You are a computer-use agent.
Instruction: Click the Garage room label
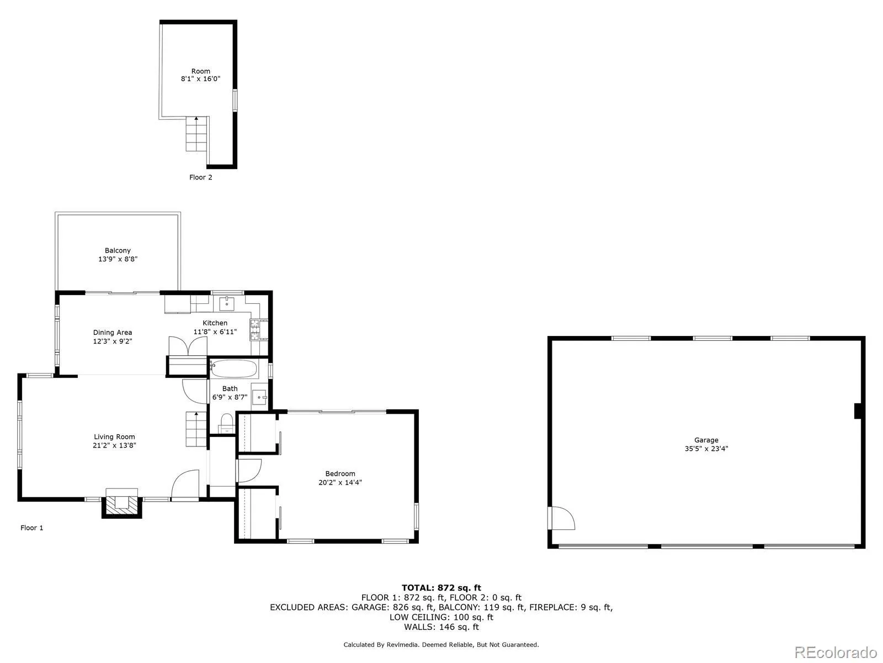(x=706, y=440)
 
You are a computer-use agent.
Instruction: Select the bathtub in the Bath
(x=233, y=369)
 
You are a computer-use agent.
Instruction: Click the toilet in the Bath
(x=226, y=424)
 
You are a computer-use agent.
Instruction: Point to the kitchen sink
(x=227, y=303)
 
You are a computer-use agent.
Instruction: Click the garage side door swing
(x=562, y=518)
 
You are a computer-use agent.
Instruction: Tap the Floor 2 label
(x=200, y=177)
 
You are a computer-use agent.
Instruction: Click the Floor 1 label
(x=31, y=528)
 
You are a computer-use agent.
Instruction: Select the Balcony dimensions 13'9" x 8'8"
(x=118, y=259)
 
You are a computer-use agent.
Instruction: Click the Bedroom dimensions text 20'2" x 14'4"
(x=340, y=482)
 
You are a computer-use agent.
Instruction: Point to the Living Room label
(x=114, y=437)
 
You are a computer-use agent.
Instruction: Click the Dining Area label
(x=112, y=333)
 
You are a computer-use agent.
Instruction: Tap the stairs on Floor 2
(x=196, y=135)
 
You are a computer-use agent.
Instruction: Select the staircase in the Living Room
(x=195, y=429)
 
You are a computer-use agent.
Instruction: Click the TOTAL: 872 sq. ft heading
(x=441, y=588)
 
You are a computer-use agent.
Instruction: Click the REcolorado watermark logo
(x=836, y=651)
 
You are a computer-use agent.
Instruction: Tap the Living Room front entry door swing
(x=185, y=485)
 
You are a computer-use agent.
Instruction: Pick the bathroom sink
(x=259, y=397)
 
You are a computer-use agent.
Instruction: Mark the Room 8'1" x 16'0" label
(x=200, y=75)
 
